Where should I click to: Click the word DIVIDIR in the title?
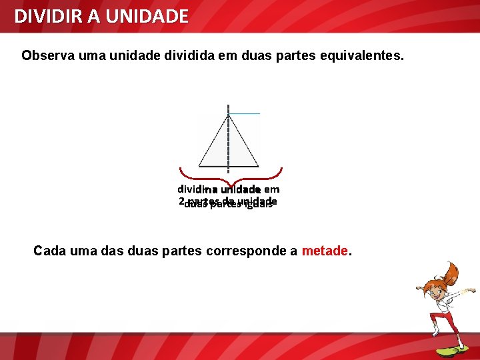coord(42,16)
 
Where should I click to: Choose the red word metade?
coord(325,251)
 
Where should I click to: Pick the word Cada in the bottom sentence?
coord(49,251)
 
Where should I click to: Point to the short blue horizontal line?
coord(245,114)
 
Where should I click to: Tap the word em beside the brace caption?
coord(271,189)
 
